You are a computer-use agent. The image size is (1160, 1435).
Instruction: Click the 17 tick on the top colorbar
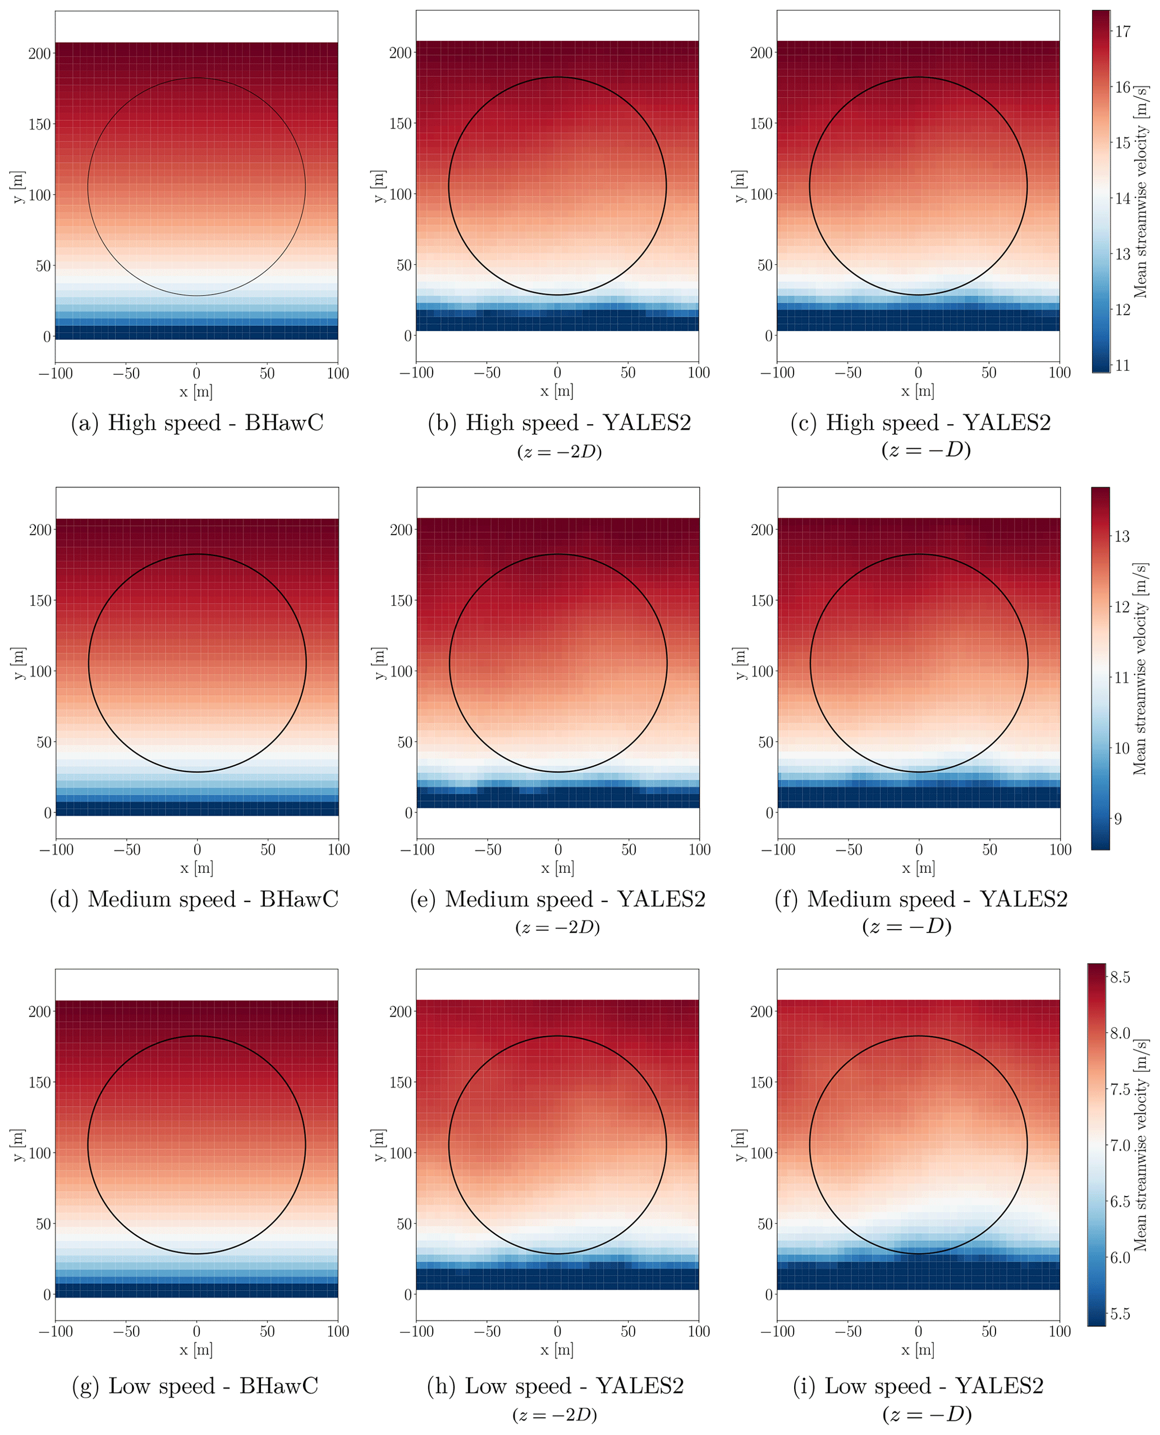pos(1122,31)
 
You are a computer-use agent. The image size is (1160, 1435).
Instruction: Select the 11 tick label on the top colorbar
pos(1122,365)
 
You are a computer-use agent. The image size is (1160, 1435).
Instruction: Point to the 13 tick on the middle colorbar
pos(1122,536)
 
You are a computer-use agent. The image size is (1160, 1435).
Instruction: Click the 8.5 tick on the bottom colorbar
pos(1120,977)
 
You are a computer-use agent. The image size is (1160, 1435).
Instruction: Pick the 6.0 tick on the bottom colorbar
pos(1120,1258)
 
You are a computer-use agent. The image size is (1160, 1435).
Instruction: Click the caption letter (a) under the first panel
pos(85,423)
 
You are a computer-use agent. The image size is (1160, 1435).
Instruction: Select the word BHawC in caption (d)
pos(299,899)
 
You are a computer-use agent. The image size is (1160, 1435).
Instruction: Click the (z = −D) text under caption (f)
pos(907,927)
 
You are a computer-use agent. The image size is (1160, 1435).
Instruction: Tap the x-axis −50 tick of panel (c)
pos(848,373)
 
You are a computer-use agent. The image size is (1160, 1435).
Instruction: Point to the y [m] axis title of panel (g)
pos(18,1145)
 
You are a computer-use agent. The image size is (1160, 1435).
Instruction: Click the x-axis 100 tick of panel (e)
pos(699,849)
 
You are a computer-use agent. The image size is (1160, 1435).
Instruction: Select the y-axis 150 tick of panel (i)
pos(762,1082)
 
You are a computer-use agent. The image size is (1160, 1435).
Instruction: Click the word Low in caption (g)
pos(129,1386)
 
